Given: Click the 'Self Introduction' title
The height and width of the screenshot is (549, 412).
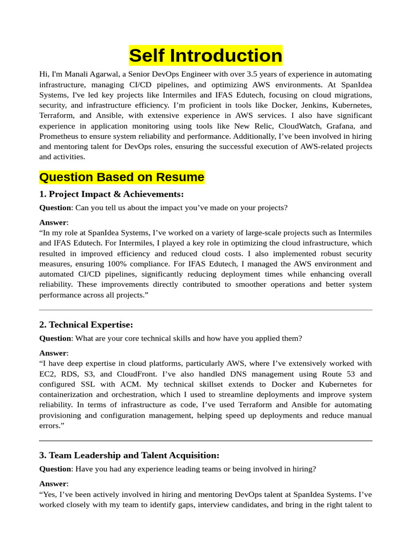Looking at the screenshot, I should point(205,56).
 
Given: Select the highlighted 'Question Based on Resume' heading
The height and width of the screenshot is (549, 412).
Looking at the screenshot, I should point(122,177).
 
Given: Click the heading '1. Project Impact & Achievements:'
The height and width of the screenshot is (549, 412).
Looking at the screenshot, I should point(112,194).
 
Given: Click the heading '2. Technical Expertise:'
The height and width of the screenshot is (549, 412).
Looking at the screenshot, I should point(86,325).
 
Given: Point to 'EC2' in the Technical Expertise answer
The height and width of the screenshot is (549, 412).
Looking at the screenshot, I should point(47,374).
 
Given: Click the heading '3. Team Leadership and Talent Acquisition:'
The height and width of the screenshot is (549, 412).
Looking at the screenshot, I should point(129,455).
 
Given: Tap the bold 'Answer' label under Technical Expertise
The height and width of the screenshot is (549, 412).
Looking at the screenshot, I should point(53,353).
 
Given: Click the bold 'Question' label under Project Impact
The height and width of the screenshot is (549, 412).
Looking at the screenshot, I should point(55,207).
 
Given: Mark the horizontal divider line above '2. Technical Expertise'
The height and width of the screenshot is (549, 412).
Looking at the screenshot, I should point(205,310).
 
